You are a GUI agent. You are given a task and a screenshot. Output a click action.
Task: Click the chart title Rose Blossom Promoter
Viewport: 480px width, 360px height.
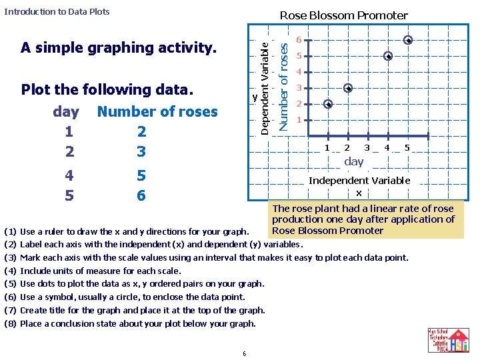pos(343,15)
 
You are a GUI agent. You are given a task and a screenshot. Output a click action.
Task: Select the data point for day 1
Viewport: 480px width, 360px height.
pos(327,104)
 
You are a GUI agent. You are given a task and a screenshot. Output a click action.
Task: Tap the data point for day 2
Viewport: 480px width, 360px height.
pos(347,88)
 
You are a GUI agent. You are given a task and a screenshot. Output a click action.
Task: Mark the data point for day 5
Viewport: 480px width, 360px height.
pos(408,40)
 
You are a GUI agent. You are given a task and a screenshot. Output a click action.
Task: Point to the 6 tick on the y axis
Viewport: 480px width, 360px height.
pos(300,39)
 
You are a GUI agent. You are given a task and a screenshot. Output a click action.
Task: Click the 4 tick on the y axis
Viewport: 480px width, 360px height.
pos(300,72)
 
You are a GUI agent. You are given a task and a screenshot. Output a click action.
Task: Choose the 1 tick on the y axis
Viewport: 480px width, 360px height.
pos(300,120)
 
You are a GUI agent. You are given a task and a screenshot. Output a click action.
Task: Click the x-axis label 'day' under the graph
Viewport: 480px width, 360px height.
pos(354,161)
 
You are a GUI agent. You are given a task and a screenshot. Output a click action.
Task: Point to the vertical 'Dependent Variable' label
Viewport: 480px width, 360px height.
pos(265,87)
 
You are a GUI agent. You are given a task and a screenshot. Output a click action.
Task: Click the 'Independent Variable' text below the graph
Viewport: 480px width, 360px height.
pos(359,181)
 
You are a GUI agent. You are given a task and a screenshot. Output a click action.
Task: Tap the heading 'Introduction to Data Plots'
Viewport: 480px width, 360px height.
pos(57,11)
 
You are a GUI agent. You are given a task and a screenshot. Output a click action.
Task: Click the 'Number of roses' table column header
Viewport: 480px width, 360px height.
pos(157,111)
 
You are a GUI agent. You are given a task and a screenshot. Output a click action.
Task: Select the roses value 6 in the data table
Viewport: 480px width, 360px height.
pos(141,195)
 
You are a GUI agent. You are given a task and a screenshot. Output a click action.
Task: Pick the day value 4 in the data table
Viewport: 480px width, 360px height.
pos(69,175)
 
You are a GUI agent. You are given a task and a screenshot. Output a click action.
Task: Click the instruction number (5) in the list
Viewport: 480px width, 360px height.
pos(10,284)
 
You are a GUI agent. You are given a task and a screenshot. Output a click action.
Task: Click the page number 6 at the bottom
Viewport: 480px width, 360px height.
pos(245,353)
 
